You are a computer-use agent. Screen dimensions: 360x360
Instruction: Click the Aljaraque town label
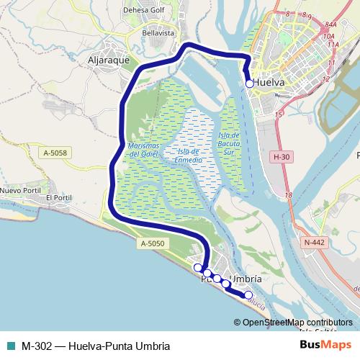point(107,60)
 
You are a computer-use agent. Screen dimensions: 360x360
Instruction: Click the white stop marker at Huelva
point(250,84)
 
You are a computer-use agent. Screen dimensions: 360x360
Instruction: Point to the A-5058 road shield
point(55,153)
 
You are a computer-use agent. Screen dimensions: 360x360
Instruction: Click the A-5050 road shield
point(153,245)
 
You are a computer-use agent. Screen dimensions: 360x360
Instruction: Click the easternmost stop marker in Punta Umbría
point(248,294)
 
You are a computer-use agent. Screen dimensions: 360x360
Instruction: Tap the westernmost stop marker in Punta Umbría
point(198,268)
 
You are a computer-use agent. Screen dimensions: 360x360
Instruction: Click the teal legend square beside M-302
point(9,345)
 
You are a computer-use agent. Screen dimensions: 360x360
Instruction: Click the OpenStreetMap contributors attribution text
point(297,323)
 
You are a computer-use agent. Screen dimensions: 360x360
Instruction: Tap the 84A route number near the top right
point(331,24)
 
